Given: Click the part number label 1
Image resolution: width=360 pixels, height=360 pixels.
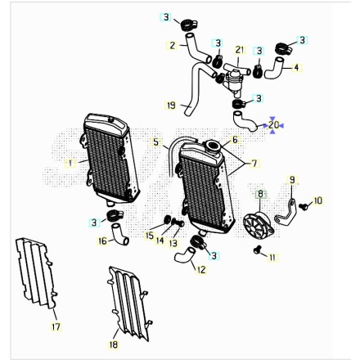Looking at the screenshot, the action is [x=70, y=164].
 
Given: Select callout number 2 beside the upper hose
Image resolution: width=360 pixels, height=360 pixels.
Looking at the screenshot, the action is [x=172, y=45].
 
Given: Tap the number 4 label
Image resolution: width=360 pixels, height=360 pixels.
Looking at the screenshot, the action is [x=296, y=68].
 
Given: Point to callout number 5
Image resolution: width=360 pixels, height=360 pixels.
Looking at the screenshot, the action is [x=156, y=142].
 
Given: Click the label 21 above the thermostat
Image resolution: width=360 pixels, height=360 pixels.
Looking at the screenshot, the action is [x=240, y=50].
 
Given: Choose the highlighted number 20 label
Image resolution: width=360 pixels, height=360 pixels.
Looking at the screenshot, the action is [x=273, y=125].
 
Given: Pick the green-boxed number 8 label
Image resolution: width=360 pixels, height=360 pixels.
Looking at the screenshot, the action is [x=261, y=195].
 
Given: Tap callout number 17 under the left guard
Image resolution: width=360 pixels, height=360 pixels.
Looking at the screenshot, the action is [x=56, y=326].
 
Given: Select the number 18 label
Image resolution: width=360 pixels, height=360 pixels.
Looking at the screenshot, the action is [x=114, y=344].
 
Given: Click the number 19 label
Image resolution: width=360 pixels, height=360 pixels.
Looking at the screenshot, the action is [x=171, y=106].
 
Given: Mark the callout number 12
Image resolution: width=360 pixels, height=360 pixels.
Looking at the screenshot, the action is [x=201, y=270].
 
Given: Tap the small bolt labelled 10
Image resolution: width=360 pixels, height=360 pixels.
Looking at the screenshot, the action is [x=302, y=206].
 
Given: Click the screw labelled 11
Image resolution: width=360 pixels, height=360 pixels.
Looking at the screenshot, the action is [x=257, y=250].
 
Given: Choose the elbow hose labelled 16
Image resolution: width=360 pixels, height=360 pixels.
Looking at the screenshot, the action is [x=119, y=234].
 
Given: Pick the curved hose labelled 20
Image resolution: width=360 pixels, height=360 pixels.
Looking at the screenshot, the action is [x=244, y=122].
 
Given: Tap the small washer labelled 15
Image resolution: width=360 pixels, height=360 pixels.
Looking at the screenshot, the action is [x=167, y=218].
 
